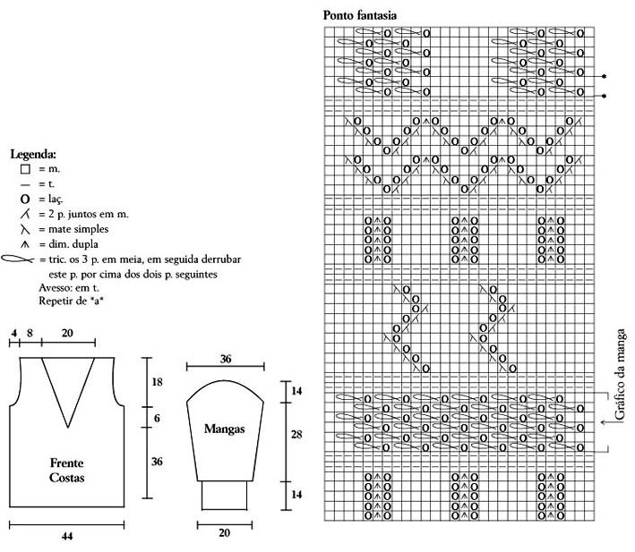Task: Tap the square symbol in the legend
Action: coord(25,168)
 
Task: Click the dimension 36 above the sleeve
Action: coord(226,359)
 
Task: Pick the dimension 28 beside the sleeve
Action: coord(296,434)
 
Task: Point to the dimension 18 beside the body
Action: coord(158,382)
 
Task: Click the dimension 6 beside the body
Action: coord(158,419)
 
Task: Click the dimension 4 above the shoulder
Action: coord(13,333)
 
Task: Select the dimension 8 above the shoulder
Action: coord(30,333)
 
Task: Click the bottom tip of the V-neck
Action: coord(66,426)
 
